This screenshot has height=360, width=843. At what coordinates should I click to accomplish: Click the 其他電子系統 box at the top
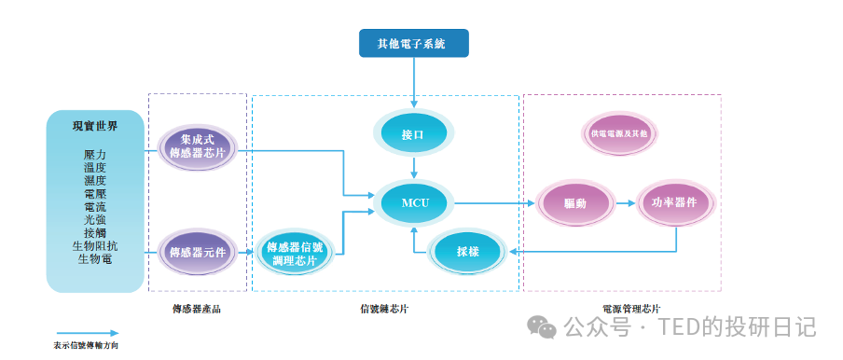414,43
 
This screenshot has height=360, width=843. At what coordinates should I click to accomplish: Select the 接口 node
412,134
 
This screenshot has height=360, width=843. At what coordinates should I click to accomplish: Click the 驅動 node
574,202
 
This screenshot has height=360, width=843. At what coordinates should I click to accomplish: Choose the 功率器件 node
675,202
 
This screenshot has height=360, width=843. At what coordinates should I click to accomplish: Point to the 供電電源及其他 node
619,134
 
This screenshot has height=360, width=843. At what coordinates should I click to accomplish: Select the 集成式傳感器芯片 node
197,146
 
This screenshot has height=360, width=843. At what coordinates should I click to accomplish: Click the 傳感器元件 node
197,251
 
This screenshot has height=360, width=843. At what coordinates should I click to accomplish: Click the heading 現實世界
95,127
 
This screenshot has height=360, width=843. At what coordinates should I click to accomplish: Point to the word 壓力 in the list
95,154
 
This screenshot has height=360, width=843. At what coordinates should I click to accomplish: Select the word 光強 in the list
95,219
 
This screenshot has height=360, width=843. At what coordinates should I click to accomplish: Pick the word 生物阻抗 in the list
95,245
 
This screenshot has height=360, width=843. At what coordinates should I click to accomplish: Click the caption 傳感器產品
197,308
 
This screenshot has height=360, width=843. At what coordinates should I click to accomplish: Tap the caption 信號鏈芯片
384,308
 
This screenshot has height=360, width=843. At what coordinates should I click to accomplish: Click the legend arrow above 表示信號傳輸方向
86,332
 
